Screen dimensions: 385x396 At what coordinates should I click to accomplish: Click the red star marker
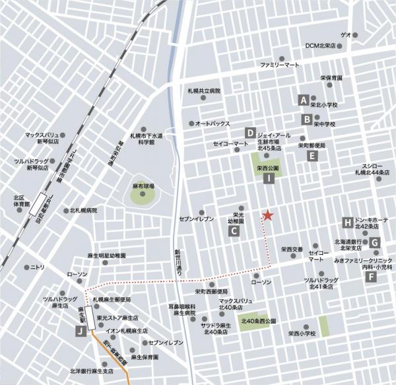tap(267, 215)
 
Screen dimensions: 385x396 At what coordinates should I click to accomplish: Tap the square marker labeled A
tap(304, 100)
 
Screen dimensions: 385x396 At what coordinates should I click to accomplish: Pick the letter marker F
tap(372, 277)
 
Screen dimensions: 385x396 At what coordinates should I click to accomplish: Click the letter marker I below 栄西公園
tap(269, 178)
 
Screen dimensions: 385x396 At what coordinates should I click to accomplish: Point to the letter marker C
tap(234, 231)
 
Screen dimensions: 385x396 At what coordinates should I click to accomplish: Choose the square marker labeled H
tap(347, 222)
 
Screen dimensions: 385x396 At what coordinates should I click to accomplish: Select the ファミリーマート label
tap(279, 65)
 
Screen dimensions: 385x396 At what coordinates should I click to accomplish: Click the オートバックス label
tap(212, 123)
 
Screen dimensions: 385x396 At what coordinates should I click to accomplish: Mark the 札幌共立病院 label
tap(203, 90)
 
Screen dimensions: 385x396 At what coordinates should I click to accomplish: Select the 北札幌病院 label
tap(83, 211)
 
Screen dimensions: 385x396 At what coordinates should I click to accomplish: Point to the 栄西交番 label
tap(291, 250)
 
